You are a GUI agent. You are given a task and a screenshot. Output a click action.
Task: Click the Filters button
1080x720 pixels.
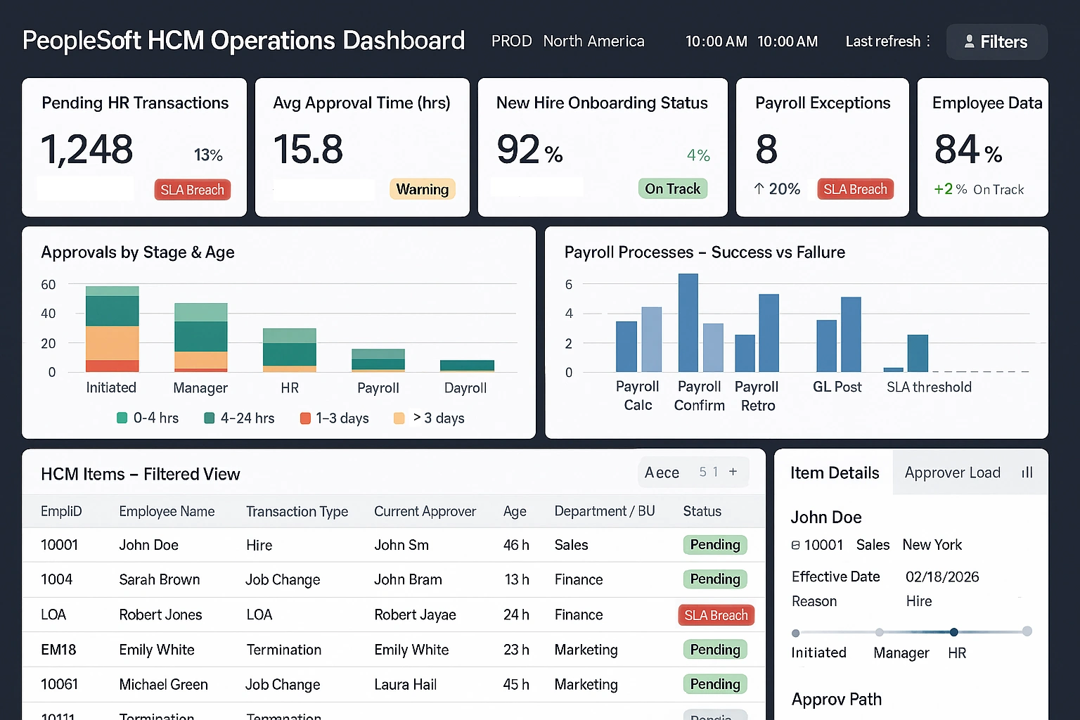tap(996, 42)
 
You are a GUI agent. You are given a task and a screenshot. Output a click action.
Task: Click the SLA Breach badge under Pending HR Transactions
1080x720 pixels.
tap(192, 190)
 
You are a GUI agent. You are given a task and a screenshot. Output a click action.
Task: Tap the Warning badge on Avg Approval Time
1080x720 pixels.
tap(422, 189)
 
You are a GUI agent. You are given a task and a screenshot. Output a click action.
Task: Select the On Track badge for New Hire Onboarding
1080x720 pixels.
tap(672, 188)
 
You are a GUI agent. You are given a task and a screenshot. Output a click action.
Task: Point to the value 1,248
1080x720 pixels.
tap(87, 149)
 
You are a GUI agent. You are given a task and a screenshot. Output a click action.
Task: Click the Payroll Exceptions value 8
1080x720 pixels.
tap(766, 149)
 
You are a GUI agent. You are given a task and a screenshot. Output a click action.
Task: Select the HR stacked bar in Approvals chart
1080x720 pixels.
tap(289, 350)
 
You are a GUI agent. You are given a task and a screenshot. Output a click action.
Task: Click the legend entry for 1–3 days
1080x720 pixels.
tap(335, 418)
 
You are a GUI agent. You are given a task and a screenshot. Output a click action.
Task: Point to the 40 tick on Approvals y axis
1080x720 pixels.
tap(48, 314)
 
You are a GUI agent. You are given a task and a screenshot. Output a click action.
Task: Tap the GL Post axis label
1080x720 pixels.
tap(837, 387)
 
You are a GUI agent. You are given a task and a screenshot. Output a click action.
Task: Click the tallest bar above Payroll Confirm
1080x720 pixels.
tap(688, 323)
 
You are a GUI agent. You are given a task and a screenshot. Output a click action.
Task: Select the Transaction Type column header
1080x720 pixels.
tap(297, 512)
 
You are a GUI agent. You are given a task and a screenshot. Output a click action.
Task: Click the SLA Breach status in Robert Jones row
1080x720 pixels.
tap(716, 615)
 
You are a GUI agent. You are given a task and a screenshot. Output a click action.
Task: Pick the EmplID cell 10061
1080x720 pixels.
tap(59, 685)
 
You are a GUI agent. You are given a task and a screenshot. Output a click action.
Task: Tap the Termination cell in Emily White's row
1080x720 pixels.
tap(283, 650)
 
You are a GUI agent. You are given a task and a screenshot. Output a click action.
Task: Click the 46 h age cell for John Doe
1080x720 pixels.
tap(516, 545)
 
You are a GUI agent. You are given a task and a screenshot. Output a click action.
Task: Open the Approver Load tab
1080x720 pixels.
tap(953, 472)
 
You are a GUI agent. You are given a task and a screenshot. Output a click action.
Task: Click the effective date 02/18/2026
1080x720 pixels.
tap(942, 577)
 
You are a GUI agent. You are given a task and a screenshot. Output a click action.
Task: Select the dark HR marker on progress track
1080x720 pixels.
tap(953, 631)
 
